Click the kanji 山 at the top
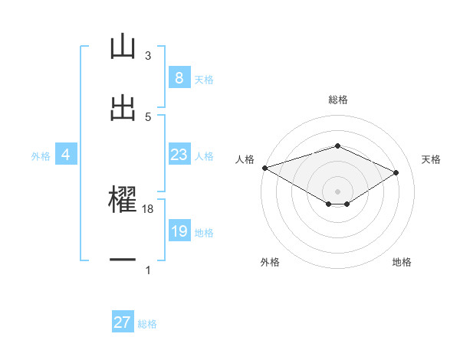pos(123,47)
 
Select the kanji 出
pos(123,107)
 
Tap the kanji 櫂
pos(123,199)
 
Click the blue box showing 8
pos(179,78)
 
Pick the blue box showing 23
pos(179,155)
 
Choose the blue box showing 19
pos(179,232)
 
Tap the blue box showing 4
pos(66,155)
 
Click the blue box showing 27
pos(123,322)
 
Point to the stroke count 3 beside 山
pos(148,56)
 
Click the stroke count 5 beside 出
pos(148,117)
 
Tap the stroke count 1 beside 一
pos(148,270)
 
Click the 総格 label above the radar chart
pos(338,100)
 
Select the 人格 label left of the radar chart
pos(245,159)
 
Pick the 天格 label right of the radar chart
pos(431,159)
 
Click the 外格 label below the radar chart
pos(270,263)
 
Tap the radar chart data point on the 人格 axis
pos(264,168)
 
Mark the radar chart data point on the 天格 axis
pos(396,173)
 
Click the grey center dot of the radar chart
pos(337,191)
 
